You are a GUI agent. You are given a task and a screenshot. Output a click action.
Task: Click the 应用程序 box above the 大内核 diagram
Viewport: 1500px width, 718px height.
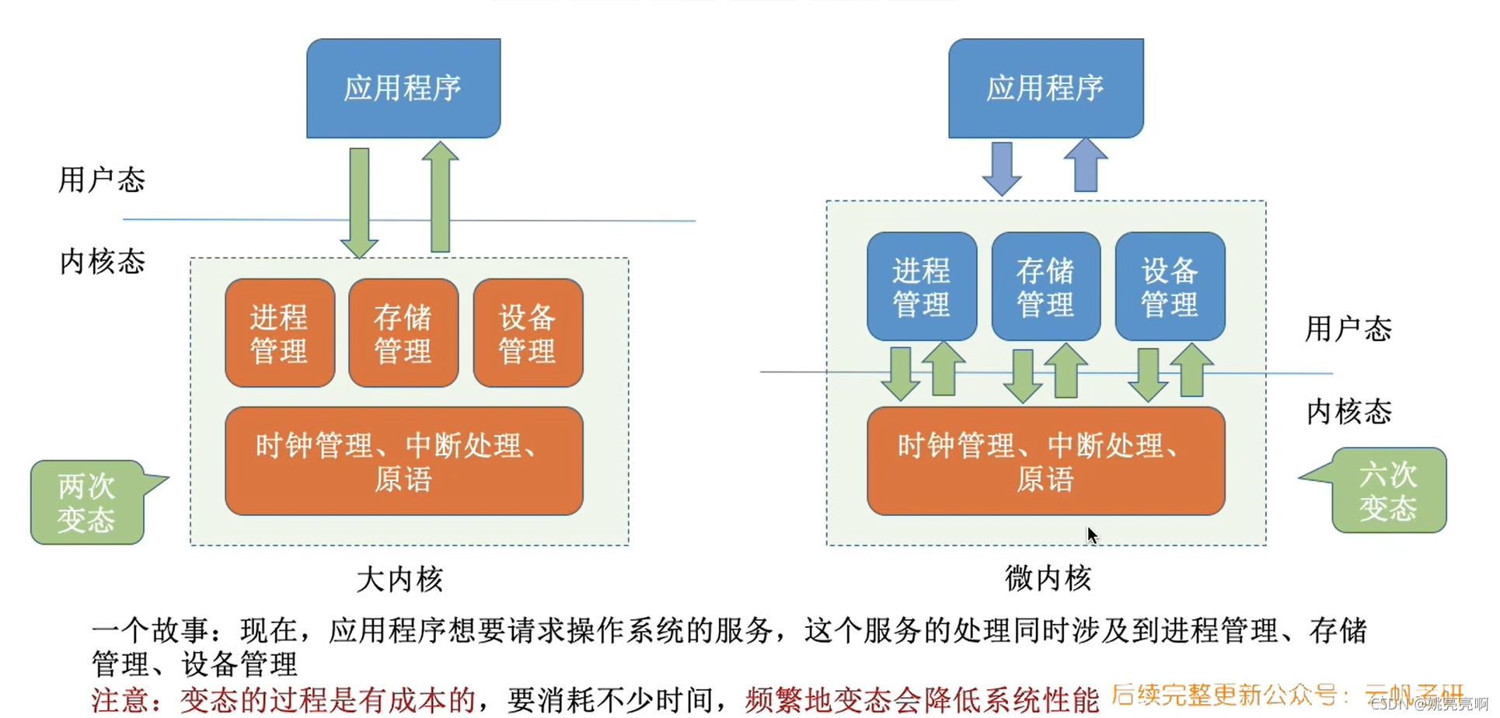pos(403,88)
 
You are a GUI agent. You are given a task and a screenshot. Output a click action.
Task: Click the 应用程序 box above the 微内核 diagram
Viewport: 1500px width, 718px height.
pos(1045,88)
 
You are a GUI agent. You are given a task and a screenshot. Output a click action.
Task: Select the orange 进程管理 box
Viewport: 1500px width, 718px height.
pos(280,333)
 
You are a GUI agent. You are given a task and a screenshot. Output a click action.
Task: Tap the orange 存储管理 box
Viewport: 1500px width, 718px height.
pos(403,333)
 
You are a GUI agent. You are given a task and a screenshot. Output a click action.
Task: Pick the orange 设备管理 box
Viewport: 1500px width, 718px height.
pos(528,333)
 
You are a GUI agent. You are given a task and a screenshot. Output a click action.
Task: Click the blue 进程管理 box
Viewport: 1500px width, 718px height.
pos(922,287)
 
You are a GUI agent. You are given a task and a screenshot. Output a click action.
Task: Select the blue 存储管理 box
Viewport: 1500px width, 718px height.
pos(1045,287)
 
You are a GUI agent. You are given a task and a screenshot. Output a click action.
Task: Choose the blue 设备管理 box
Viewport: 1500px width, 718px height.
pos(1170,287)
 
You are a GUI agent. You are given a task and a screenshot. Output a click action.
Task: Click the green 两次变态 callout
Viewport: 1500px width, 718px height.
pos(87,503)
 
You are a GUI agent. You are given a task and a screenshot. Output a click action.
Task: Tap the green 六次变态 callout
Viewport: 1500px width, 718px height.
pos(1388,490)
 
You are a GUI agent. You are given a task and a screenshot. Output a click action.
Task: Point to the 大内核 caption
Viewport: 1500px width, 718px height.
pos(399,579)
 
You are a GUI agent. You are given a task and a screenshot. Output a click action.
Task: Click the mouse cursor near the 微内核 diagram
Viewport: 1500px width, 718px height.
pos(1092,535)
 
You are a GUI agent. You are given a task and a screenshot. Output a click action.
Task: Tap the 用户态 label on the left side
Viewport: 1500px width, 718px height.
pos(102,179)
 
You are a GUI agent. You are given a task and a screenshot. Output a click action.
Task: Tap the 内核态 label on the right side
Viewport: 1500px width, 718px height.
pos(1348,411)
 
